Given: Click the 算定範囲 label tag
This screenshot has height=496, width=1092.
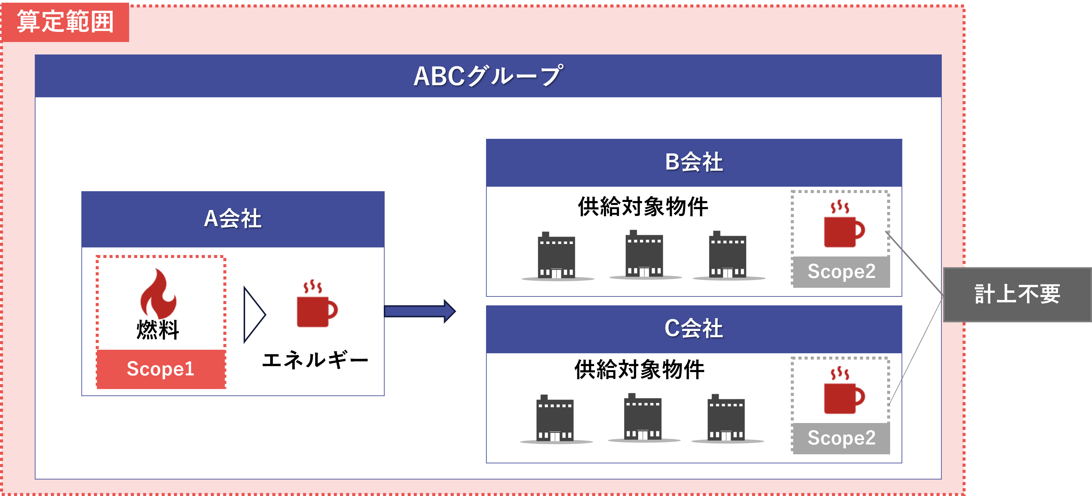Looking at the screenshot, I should point(65,22).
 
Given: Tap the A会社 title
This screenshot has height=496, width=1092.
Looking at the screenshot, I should point(233,219).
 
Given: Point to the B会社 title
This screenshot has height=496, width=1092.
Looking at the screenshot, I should point(694,162).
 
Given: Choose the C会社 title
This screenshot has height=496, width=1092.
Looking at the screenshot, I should point(694,329).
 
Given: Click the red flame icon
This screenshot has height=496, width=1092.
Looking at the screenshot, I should point(158,293).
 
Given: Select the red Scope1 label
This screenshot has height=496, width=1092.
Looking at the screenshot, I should point(161,369).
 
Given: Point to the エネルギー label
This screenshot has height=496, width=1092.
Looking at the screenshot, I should point(315,360).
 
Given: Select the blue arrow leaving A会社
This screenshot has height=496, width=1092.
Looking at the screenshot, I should point(419,311).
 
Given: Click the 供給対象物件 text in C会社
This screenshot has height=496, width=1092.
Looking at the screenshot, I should point(639,370).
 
